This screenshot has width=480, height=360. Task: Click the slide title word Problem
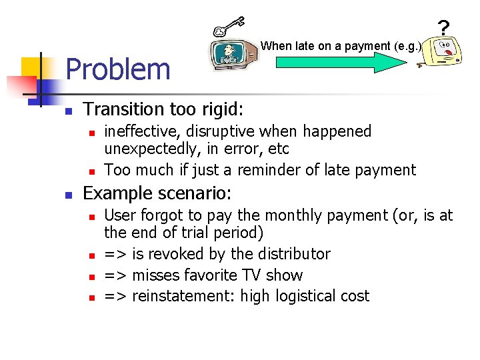pyautogui.click(x=118, y=69)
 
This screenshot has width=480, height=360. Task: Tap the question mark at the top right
pyautogui.click(x=443, y=28)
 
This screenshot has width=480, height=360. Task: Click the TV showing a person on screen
pyautogui.click(x=231, y=54)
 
